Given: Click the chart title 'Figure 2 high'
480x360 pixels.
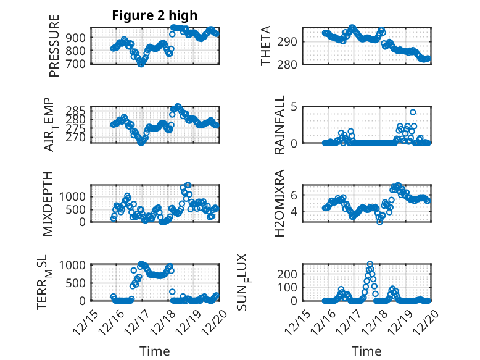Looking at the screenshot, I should coord(154,16).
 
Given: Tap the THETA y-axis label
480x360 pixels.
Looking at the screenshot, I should coord(266,46).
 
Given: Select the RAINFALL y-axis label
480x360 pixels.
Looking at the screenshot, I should coord(279,124).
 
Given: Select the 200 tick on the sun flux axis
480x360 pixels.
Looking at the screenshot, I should coord(291,274).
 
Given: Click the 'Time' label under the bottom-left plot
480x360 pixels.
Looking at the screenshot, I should coord(154,351).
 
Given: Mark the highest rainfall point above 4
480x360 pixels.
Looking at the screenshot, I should coord(413,112).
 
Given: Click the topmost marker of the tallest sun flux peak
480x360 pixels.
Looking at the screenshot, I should coord(370,264).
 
